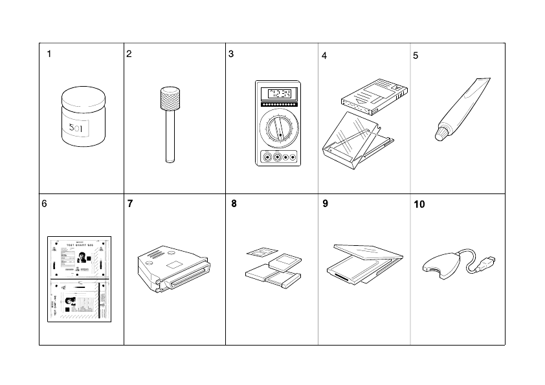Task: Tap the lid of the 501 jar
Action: (x=82, y=98)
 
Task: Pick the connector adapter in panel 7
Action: (x=173, y=268)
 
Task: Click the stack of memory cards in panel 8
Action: (x=272, y=270)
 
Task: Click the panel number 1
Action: (x=49, y=54)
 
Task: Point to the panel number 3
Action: (x=231, y=54)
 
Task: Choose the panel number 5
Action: (x=416, y=56)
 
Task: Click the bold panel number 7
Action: (x=130, y=203)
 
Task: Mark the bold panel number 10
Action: (x=419, y=204)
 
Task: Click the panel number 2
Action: (x=129, y=54)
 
